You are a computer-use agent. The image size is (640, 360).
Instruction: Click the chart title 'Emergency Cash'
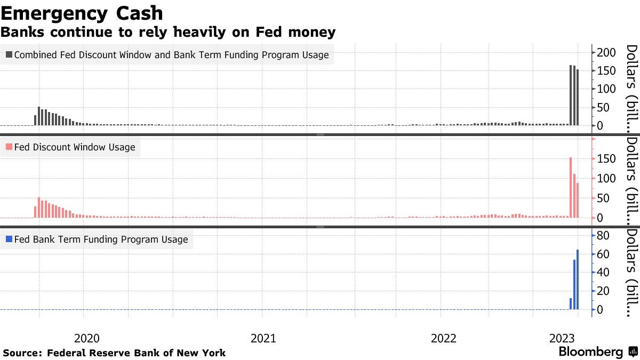point(82,13)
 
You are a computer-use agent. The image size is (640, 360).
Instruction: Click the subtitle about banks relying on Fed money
point(168,33)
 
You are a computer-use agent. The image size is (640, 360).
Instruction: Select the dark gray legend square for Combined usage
point(9,54)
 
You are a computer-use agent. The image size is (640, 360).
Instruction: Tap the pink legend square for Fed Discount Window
point(9,147)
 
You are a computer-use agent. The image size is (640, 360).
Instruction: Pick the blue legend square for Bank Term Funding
point(9,239)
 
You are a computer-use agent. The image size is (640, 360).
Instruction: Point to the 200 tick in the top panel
point(607,52)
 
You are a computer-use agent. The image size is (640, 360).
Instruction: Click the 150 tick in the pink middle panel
point(607,159)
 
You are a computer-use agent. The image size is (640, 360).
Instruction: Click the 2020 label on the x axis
point(86,338)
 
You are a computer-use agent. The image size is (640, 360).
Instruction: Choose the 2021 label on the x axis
point(263,338)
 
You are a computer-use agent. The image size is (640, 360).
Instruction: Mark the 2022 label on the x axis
point(443,338)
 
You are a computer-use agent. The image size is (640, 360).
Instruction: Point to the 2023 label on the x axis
point(562,338)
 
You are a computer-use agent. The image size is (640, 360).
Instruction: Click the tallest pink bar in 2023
point(571,187)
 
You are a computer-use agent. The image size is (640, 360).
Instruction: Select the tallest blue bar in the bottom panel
point(578,279)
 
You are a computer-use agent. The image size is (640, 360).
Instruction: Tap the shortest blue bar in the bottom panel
point(571,303)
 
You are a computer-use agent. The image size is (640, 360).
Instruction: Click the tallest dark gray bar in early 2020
point(39,116)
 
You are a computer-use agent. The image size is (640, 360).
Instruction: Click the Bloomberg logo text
point(590,352)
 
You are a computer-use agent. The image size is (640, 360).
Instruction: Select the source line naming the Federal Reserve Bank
point(114,353)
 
